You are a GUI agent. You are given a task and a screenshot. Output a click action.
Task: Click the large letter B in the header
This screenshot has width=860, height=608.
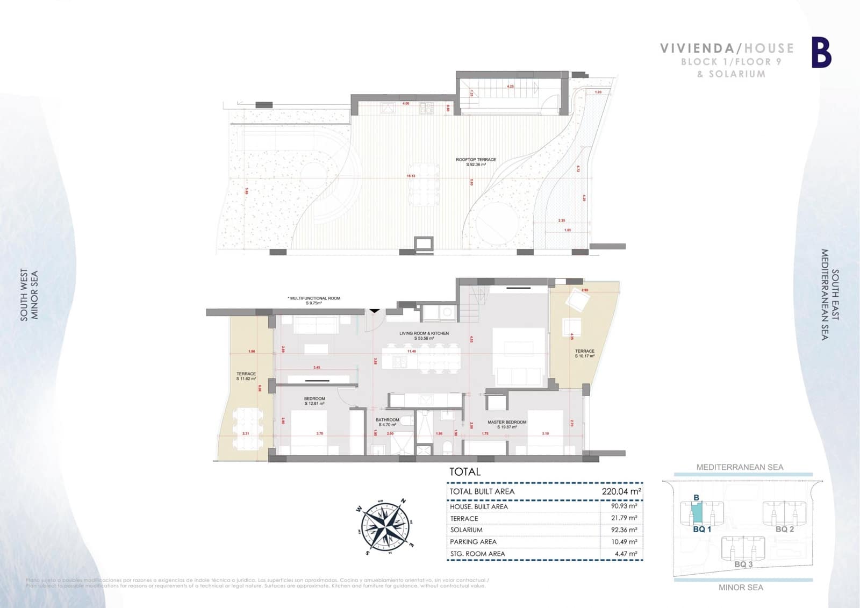[821, 52]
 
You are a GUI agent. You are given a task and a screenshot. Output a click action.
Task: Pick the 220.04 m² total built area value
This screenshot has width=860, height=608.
[621, 491]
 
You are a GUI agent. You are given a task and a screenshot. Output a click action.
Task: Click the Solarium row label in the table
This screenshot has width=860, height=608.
[466, 530]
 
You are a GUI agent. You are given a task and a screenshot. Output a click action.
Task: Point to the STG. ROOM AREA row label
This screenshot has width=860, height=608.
[477, 554]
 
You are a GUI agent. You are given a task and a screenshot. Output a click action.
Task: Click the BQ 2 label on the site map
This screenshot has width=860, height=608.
[784, 529]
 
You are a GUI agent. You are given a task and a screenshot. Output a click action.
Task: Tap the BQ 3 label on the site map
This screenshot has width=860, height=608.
[743, 564]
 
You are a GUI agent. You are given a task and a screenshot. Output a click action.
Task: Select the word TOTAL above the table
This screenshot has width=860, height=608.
[465, 472]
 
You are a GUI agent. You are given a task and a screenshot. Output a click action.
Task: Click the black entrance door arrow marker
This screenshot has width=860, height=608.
[374, 310]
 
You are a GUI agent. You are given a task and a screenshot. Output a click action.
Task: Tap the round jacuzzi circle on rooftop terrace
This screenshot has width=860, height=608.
[498, 221]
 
